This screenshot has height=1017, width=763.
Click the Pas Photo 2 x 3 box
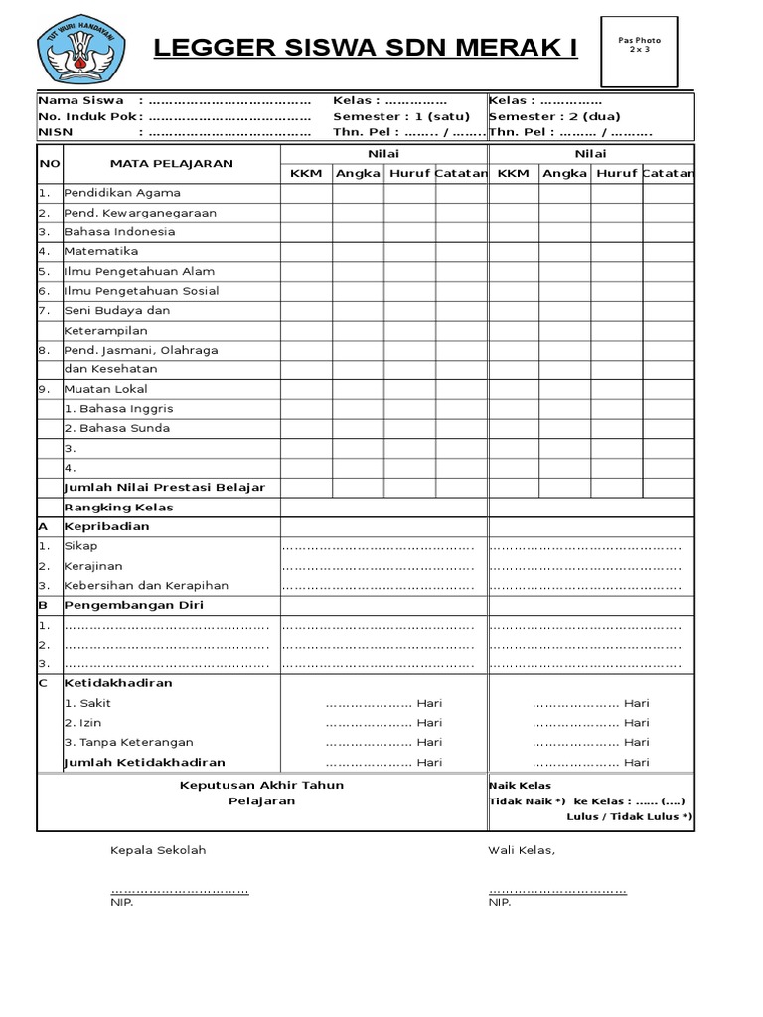pos(639,52)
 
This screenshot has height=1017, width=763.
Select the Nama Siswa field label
pos(74,101)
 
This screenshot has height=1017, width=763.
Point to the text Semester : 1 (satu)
pos(400,116)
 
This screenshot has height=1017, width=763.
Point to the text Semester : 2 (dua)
pos(554,116)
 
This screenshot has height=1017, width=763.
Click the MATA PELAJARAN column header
pos(172,163)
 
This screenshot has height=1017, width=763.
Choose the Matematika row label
pos(101,251)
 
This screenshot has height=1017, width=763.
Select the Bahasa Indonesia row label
pos(119,231)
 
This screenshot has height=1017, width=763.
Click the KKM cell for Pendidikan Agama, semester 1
pos(306,193)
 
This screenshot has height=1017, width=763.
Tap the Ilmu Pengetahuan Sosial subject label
pos(141,291)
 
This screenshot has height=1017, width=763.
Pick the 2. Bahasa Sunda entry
pos(116,428)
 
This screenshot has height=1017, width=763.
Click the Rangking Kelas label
pos(118,507)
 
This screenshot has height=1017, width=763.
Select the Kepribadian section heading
pos(106,526)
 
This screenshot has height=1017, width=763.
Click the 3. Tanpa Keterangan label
pos(128,742)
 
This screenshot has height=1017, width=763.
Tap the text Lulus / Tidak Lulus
pos(630,816)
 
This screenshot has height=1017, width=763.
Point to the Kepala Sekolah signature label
pos(158,851)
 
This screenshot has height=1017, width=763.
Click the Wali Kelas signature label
pos(522,851)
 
